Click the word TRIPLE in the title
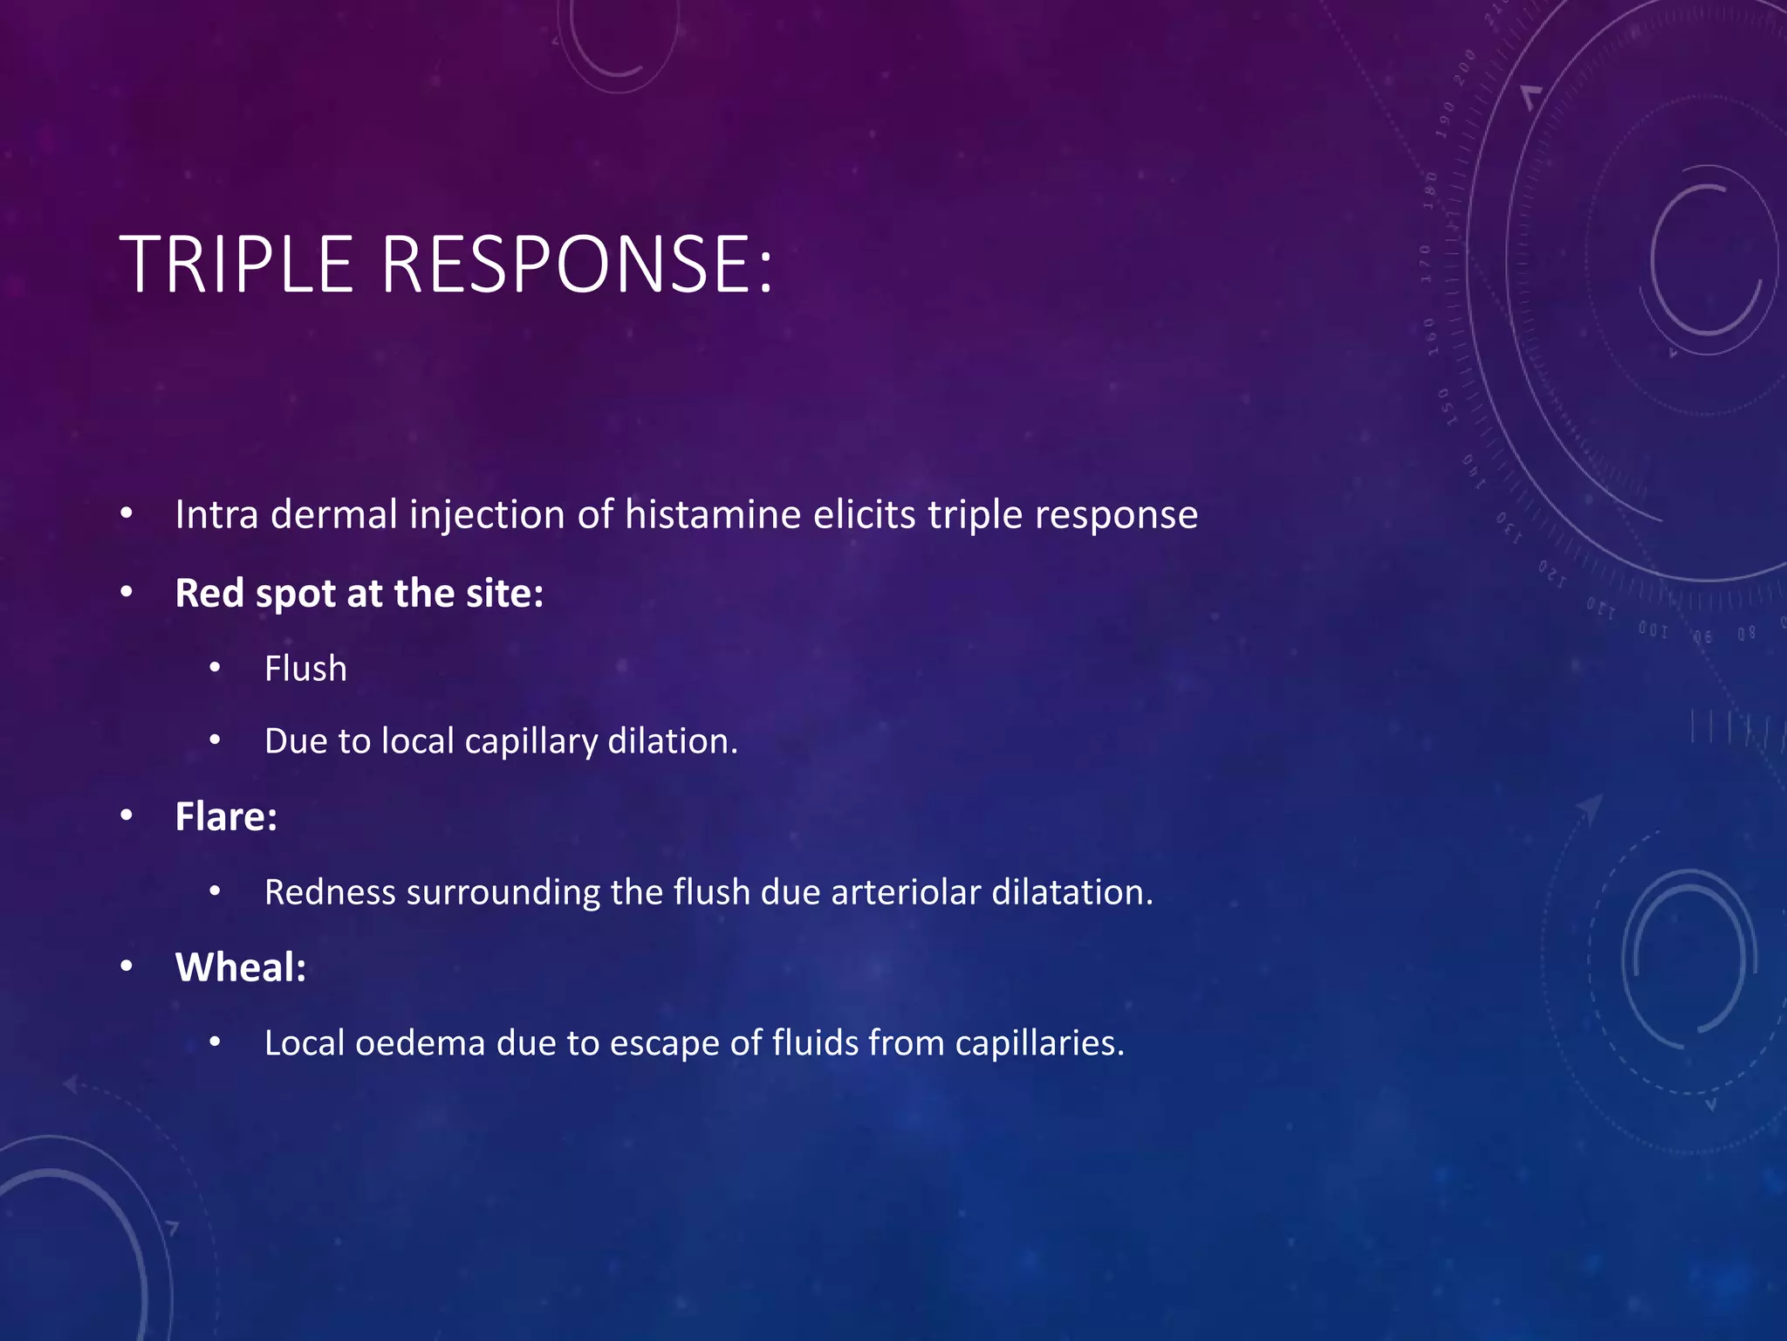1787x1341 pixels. point(236,265)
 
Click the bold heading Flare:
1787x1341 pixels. point(226,817)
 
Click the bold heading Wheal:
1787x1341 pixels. point(241,967)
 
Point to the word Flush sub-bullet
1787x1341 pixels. point(305,669)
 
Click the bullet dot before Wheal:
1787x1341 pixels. point(127,966)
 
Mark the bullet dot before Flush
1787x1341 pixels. point(216,669)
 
